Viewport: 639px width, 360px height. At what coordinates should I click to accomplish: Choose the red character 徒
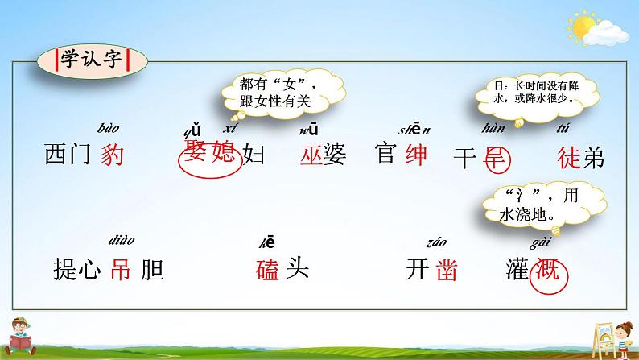click(567, 156)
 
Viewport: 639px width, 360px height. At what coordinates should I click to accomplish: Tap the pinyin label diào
click(119, 239)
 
